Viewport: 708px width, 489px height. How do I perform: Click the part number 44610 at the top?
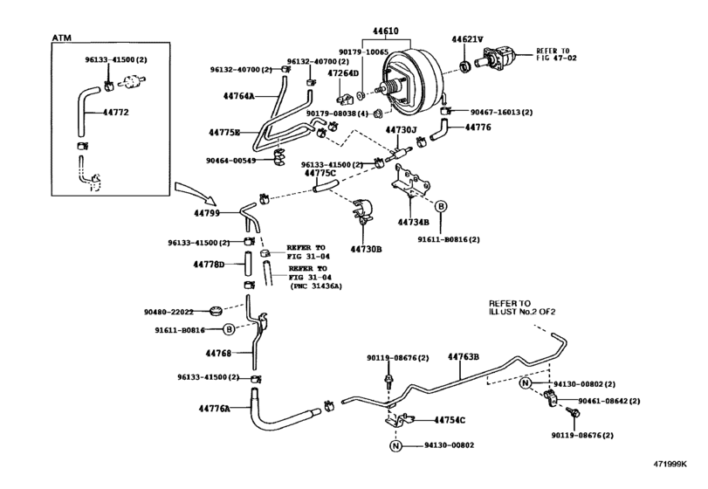pyautogui.click(x=385, y=31)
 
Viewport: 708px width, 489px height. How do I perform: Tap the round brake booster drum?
pyautogui.click(x=415, y=85)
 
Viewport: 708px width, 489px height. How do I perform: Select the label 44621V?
pyautogui.click(x=467, y=39)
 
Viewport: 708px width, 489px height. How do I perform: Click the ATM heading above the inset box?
pyautogui.click(x=61, y=38)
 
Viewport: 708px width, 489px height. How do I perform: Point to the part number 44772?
pyautogui.click(x=115, y=112)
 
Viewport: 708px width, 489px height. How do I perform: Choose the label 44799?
pyautogui.click(x=207, y=213)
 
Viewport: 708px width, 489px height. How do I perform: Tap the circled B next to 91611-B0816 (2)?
pyautogui.click(x=441, y=206)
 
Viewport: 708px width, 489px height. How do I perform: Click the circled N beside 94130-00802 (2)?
pyautogui.click(x=525, y=383)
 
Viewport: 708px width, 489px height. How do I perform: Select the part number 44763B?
pyautogui.click(x=464, y=356)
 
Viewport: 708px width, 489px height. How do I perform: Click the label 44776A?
pyautogui.click(x=214, y=409)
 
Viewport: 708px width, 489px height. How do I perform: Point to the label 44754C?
pyautogui.click(x=450, y=420)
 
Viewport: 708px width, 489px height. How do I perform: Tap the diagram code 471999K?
pyautogui.click(x=670, y=464)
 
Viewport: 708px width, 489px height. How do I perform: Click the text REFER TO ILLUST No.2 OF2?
pyautogui.click(x=522, y=307)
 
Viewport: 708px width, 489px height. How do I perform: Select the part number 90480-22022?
pyautogui.click(x=168, y=312)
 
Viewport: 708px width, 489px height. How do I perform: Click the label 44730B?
pyautogui.click(x=366, y=249)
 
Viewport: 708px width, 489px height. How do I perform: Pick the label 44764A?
pyautogui.click(x=239, y=96)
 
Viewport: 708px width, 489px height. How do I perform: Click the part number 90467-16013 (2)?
pyautogui.click(x=501, y=112)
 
